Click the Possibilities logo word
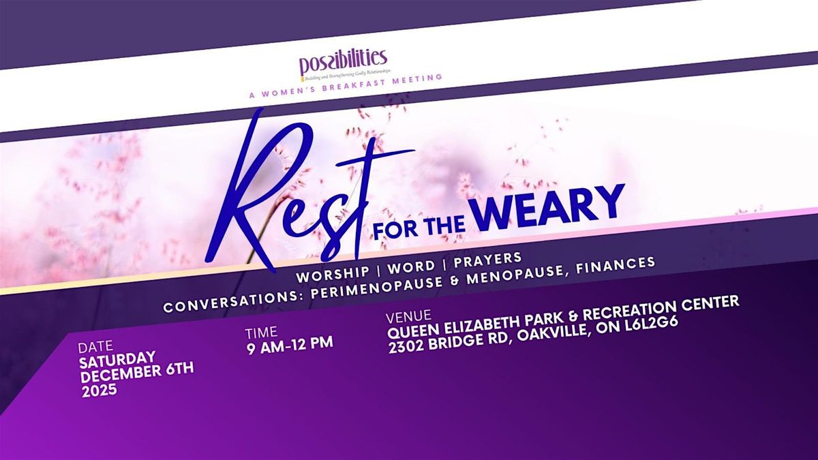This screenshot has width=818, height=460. [x=343, y=63]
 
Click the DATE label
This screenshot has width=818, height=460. [x=96, y=346]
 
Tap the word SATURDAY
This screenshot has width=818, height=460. [x=117, y=357]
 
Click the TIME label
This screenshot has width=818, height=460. [x=262, y=333]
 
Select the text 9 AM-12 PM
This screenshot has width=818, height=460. [x=289, y=344]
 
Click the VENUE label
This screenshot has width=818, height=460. [x=408, y=316]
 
